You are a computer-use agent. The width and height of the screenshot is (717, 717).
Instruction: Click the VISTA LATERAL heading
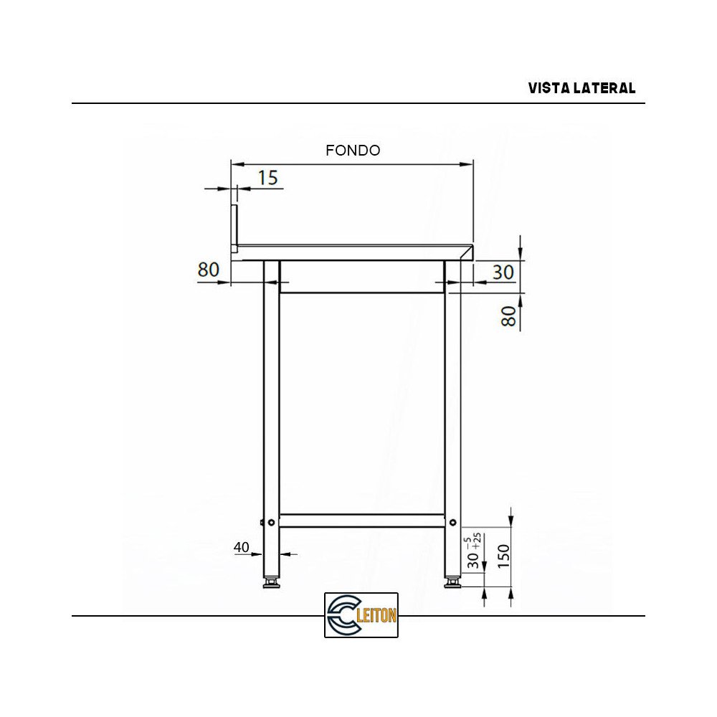581,88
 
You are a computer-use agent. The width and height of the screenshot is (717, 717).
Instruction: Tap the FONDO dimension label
352,151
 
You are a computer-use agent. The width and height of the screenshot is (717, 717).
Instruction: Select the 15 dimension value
267,178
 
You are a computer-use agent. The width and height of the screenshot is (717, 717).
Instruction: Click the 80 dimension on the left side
208,270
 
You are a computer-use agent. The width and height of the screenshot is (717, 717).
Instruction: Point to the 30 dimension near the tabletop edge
503,272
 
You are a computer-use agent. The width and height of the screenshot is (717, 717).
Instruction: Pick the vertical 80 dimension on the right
508,316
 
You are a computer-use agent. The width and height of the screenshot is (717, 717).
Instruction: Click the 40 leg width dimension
242,547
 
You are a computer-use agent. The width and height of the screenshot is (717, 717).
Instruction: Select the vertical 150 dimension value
503,554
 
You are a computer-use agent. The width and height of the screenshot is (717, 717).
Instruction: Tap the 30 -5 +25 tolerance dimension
474,551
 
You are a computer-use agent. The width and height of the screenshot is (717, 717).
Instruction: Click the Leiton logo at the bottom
361,614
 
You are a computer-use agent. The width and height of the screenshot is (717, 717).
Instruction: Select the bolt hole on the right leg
452,522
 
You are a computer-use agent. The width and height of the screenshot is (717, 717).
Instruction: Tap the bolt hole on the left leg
270,522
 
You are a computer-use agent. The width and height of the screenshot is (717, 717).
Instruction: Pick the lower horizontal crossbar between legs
361,521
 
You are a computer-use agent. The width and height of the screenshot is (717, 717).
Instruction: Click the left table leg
271,402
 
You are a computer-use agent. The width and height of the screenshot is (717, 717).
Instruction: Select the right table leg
452,402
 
